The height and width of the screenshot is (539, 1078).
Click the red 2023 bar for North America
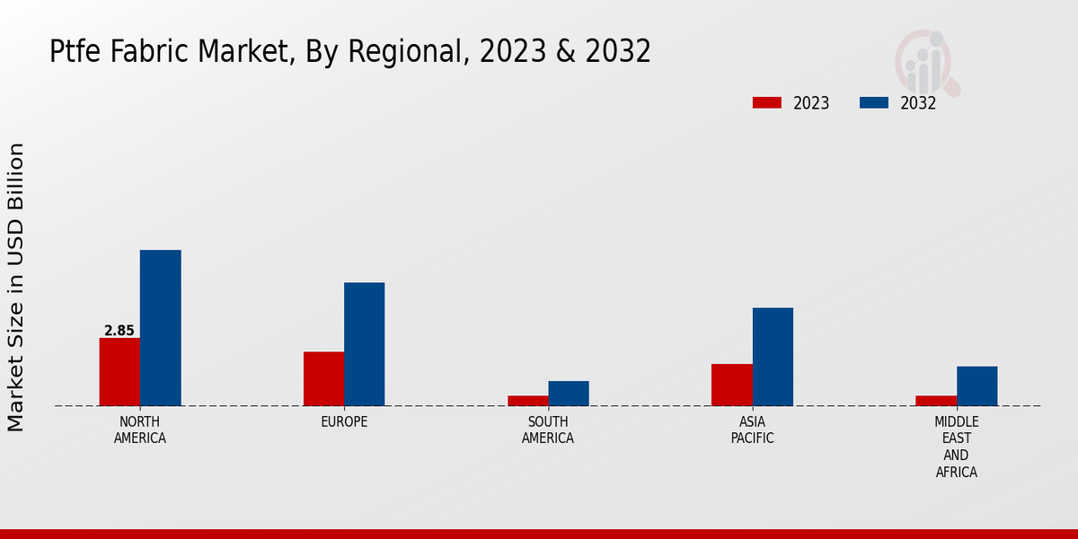coord(119,372)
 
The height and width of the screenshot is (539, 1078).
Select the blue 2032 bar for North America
coord(160,328)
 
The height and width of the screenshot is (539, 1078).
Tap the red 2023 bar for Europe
coord(323,378)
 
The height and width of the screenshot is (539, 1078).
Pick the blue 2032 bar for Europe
coord(364,344)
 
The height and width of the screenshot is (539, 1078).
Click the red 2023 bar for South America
coord(527,401)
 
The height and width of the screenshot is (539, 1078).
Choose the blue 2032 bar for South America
coord(569,393)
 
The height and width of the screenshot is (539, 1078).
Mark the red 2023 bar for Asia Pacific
coord(731,384)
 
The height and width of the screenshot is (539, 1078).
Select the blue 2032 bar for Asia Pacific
coord(773,357)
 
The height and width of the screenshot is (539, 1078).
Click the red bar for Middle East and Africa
coord(935,401)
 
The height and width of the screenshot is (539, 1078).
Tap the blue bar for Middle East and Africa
coord(976,385)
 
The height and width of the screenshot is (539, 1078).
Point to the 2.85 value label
coord(119,331)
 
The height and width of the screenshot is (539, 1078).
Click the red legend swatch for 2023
coord(766,102)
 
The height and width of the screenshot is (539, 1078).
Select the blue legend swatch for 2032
coord(873,102)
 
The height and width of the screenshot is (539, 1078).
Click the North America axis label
coord(140,430)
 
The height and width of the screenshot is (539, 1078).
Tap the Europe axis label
coord(344,422)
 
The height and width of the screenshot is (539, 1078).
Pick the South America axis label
coord(548,430)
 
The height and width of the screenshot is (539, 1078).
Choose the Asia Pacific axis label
coord(752,430)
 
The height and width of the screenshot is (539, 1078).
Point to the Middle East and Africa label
coord(956,446)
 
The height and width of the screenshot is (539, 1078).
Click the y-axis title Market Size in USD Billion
coord(16,287)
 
